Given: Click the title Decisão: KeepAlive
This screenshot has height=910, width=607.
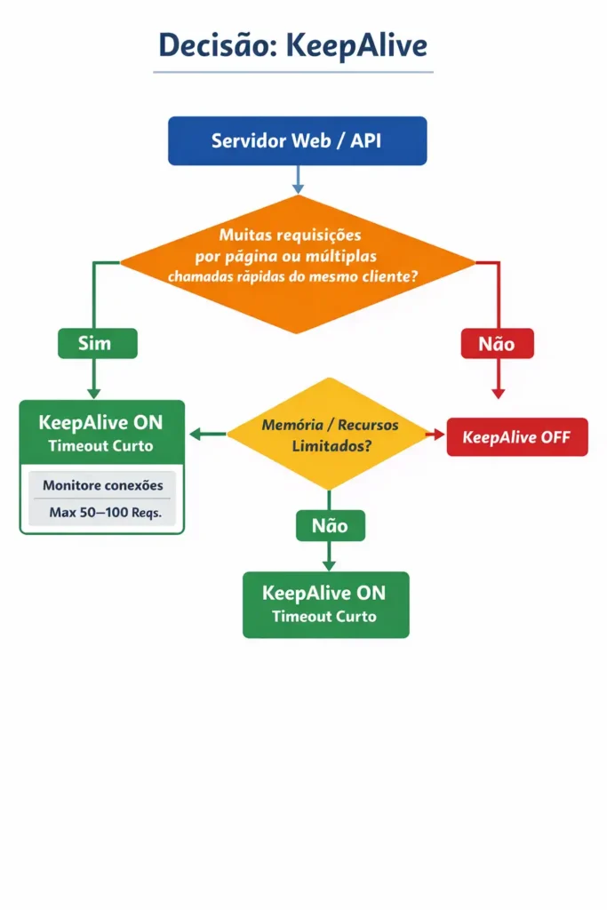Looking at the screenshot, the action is (293, 46).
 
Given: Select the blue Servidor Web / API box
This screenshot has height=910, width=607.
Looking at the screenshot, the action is (297, 141).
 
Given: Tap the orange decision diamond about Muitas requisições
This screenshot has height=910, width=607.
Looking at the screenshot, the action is (297, 264).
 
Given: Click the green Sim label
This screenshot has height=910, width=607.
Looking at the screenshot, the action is (98, 344).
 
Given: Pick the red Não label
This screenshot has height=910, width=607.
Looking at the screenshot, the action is (498, 344).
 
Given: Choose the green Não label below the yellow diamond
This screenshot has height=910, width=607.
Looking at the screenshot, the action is (331, 526).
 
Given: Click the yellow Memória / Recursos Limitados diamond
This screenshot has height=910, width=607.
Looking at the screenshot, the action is (329, 434).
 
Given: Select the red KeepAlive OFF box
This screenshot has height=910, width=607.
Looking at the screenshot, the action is (517, 437).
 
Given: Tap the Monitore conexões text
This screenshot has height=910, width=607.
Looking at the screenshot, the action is (103, 485).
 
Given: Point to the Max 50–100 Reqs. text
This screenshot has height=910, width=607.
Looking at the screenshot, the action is (105, 513).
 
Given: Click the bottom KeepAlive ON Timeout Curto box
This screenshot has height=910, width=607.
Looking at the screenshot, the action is (325, 604).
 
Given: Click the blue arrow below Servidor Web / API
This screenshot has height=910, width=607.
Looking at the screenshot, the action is (298, 180).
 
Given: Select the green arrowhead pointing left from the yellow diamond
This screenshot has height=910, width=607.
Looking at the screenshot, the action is (196, 434).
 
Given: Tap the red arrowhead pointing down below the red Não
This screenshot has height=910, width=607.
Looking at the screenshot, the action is (498, 393).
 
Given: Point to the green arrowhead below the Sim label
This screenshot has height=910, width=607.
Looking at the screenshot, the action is (94, 393).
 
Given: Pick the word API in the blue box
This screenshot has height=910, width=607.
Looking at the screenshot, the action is (365, 141).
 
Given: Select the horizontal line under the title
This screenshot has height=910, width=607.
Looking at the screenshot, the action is (293, 73).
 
